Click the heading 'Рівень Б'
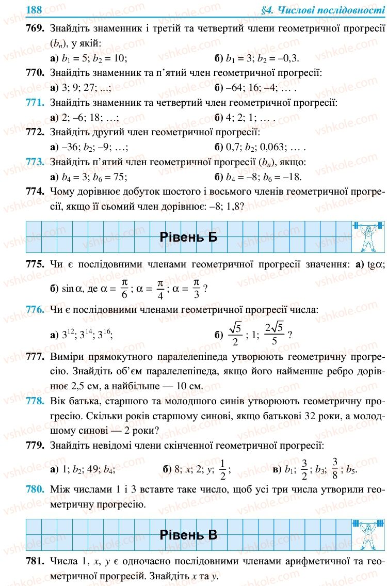[189, 237]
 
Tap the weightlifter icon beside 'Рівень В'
[367, 533]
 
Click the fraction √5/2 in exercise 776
[235, 334]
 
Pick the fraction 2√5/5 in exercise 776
[274, 334]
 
